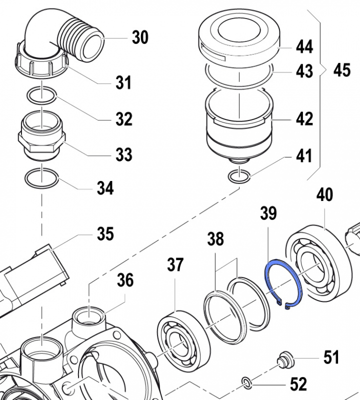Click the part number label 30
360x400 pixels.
[140, 37]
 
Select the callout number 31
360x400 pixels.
[123, 82]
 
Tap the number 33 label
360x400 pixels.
[123, 154]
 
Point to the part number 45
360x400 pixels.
[342, 70]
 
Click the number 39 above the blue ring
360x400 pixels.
[268, 214]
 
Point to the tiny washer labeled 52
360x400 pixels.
[246, 383]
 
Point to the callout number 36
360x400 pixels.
[125, 280]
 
